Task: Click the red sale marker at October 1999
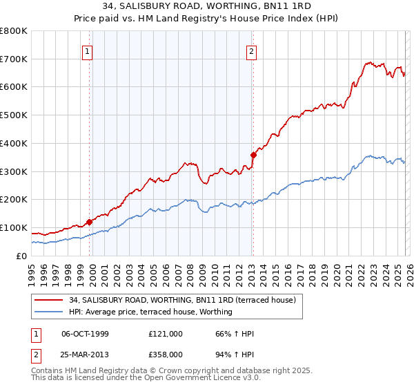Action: click(90, 222)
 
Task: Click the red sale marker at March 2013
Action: click(253, 155)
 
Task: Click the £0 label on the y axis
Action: click(22, 256)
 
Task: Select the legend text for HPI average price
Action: click(150, 312)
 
